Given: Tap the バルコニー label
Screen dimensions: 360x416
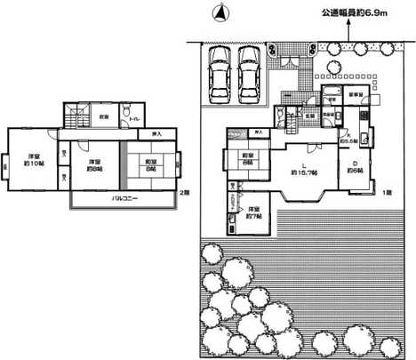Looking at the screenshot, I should click(115, 197).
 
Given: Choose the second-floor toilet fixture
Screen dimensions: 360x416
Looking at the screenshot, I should click(132, 118).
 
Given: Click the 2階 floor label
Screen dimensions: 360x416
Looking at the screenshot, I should click(183, 193).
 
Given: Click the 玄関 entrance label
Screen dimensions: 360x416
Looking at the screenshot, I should click(311, 116).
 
